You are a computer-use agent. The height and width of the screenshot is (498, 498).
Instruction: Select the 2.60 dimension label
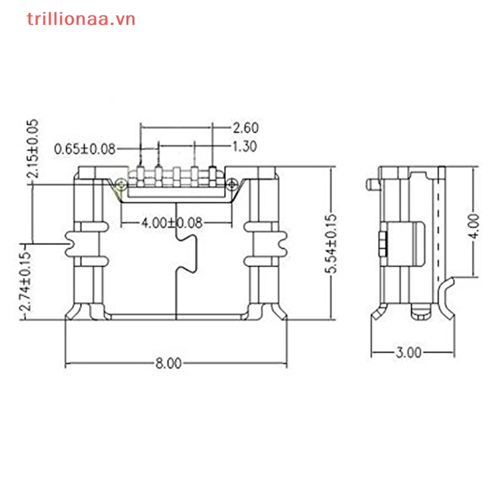tap(245, 128)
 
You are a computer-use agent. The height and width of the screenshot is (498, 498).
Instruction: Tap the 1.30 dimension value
tap(245, 147)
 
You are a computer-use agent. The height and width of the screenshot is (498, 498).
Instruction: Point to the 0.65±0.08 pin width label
tap(85, 148)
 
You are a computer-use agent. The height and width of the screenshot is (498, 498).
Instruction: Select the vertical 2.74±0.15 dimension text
tap(25, 283)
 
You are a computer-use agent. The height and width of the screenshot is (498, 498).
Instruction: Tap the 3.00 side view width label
tap(408, 352)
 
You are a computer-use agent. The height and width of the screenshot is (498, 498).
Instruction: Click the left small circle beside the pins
tap(120, 183)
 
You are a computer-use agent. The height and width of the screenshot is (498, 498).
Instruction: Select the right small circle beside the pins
tap(232, 183)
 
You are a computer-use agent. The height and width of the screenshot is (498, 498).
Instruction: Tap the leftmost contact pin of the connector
tap(141, 172)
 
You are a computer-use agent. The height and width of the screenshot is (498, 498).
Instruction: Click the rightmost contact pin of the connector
tap(213, 172)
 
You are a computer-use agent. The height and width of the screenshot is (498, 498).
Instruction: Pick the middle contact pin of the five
tap(177, 172)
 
